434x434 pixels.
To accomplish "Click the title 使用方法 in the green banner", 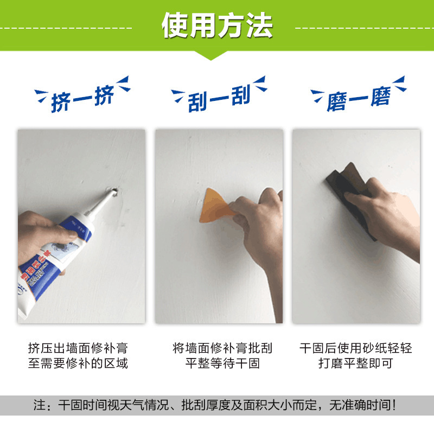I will coord(217,24).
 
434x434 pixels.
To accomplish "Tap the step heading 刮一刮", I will coord(219,99).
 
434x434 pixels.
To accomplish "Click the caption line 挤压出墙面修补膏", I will coord(78,348).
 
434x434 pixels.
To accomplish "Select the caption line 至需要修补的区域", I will coord(78,363).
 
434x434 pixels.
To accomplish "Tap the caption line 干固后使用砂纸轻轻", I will coord(355,348).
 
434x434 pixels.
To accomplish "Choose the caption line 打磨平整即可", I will coord(355,363).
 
